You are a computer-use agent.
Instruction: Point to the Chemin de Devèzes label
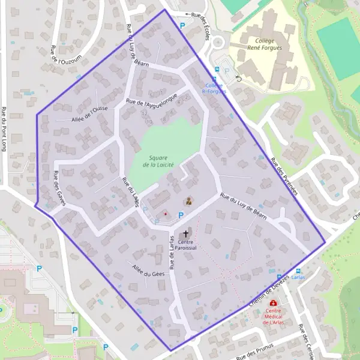[269, 293]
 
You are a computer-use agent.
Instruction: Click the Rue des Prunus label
[255, 350]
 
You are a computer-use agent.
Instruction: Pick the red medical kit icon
[274, 304]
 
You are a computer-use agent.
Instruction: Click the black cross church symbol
[185, 234]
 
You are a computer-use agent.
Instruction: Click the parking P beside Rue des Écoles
[182, 25]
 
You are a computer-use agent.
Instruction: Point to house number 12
[143, 113]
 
